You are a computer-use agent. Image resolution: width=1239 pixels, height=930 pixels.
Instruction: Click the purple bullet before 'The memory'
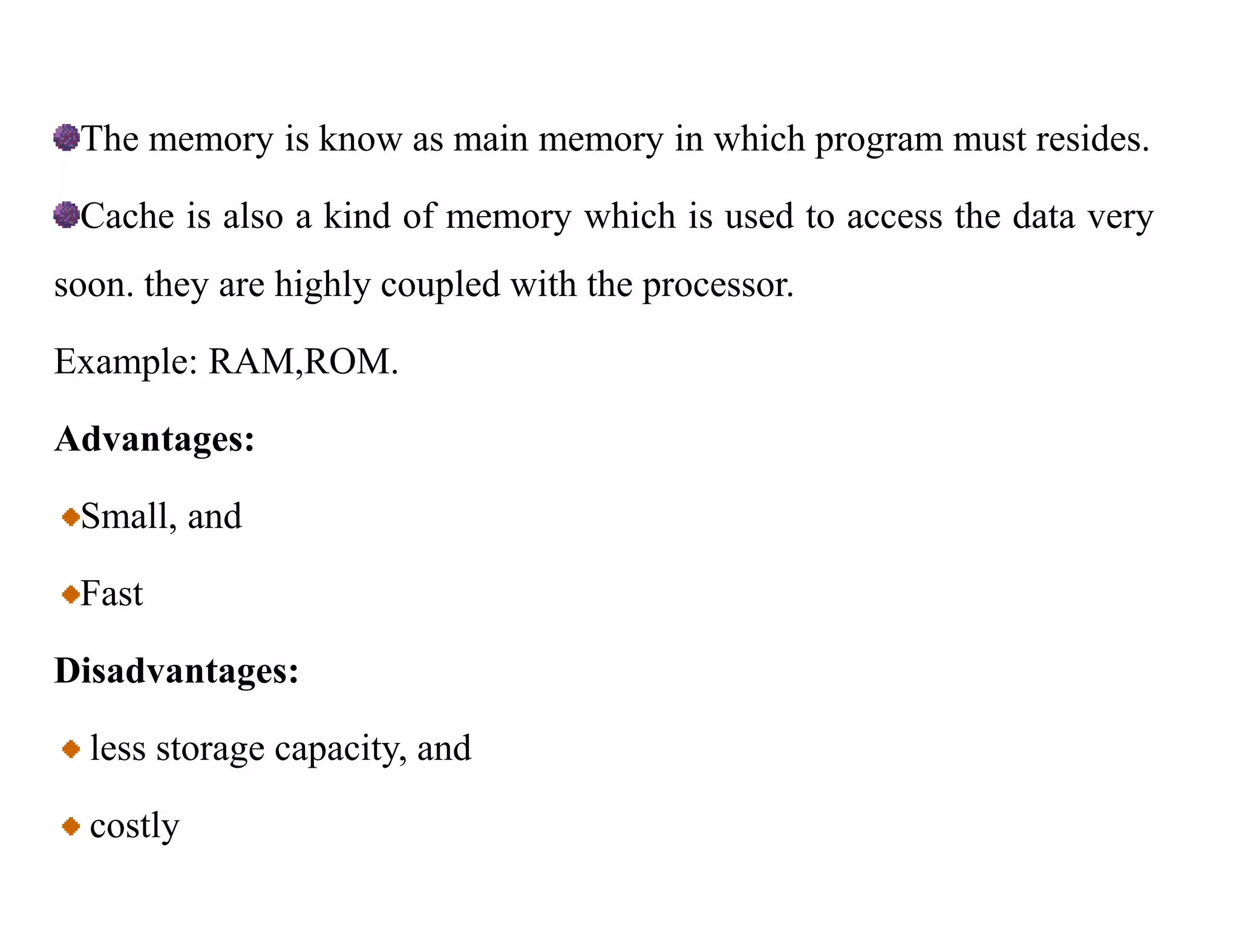(67, 137)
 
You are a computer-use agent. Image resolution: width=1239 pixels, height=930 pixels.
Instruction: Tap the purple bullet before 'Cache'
(67, 215)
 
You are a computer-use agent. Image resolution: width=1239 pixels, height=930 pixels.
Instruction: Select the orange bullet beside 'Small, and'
(71, 517)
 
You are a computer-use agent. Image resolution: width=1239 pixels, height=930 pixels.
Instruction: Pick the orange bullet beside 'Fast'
(71, 594)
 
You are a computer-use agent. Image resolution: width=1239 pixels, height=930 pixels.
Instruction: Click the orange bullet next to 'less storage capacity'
(71, 749)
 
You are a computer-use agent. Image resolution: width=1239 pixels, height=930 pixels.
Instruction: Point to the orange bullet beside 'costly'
(71, 826)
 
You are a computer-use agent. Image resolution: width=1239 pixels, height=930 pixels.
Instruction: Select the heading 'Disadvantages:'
(177, 670)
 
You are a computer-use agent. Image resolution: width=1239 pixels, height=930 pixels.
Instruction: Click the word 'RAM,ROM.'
(303, 361)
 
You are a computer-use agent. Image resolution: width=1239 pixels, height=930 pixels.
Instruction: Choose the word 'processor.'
(718, 285)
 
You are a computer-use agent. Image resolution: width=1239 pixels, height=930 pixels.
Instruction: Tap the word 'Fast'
(112, 593)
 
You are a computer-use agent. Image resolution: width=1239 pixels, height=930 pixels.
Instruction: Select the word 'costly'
(134, 826)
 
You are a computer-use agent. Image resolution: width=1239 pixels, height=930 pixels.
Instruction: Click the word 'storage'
(210, 750)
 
